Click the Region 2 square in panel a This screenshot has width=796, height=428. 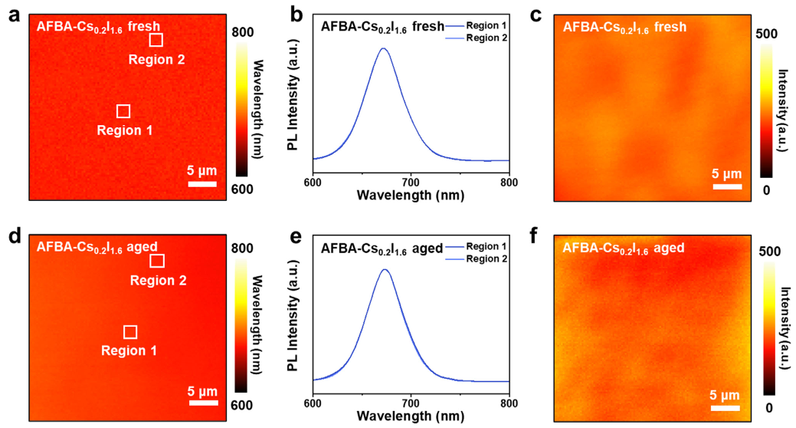(x=156, y=40)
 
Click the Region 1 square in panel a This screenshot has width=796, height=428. (x=123, y=111)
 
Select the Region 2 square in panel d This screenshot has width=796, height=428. (x=157, y=261)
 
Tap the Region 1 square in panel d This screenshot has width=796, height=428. (x=130, y=332)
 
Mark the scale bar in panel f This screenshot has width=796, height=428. (x=725, y=408)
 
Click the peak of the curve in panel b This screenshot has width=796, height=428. (x=384, y=49)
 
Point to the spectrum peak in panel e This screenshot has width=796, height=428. (x=385, y=270)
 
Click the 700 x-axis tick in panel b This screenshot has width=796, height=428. (x=411, y=183)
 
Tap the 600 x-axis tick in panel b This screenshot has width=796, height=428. (x=313, y=183)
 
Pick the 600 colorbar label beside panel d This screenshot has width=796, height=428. (x=242, y=407)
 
